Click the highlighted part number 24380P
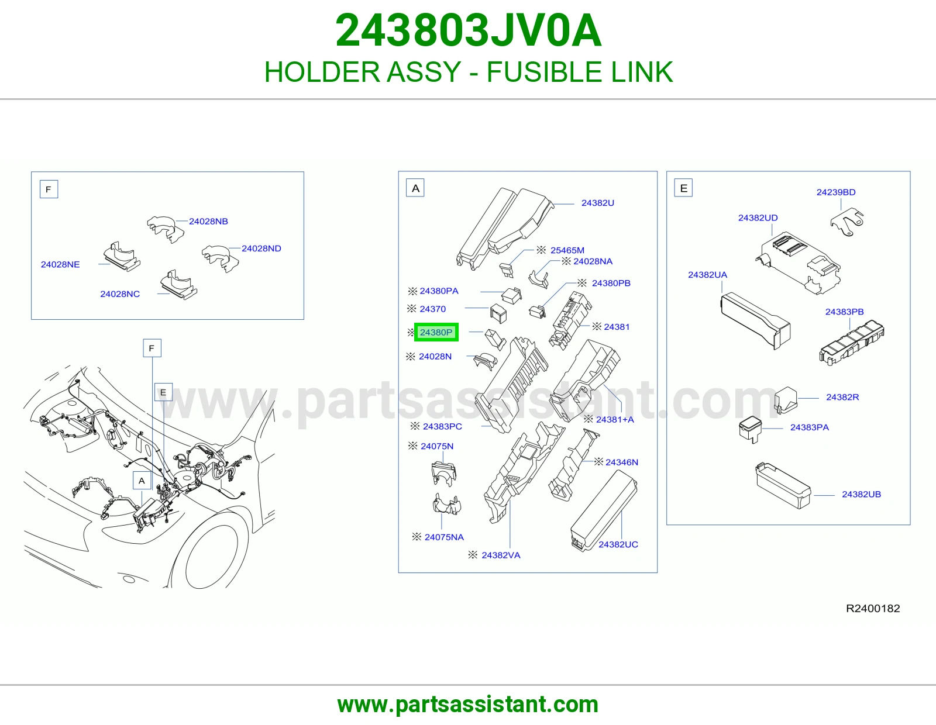click(436, 332)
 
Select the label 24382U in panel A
click(597, 203)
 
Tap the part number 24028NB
click(208, 221)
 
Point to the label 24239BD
click(836, 192)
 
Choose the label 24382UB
click(862, 494)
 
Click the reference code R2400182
click(873, 608)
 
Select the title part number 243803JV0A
click(468, 30)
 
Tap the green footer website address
click(468, 705)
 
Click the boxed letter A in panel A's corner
click(415, 188)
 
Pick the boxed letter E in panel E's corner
click(684, 188)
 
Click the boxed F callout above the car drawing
click(152, 348)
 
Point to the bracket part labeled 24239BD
click(847, 222)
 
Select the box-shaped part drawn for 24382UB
click(783, 486)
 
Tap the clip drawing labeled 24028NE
click(122, 257)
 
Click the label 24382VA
click(501, 555)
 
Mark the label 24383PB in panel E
click(844, 312)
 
